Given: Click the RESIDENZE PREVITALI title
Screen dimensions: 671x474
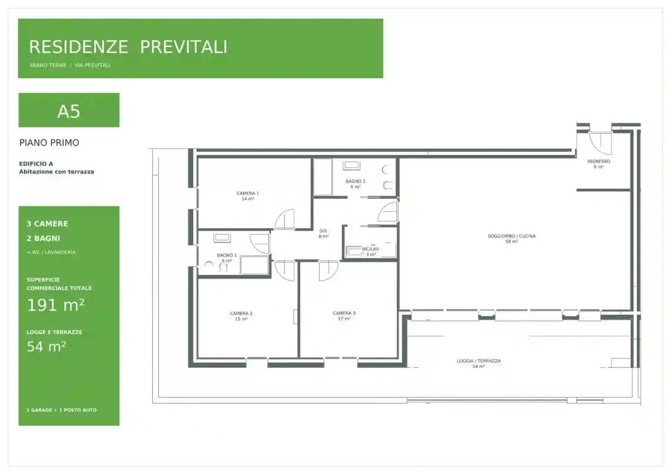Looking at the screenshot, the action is (x=128, y=47).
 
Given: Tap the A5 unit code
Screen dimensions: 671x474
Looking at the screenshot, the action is (x=69, y=112).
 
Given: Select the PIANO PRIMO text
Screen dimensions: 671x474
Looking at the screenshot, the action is (x=49, y=143).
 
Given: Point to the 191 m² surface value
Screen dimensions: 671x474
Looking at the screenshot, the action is (x=56, y=305).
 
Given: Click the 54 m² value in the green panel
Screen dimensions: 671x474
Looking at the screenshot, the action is (x=47, y=347).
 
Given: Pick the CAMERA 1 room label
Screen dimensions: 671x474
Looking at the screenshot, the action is (x=248, y=193).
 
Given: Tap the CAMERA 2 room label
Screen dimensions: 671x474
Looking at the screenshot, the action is (x=241, y=313).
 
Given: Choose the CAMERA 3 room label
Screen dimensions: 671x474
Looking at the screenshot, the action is (x=344, y=313).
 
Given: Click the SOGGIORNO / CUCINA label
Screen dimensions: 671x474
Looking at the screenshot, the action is (x=511, y=236).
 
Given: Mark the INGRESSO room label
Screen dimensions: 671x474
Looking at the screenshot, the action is (x=599, y=161).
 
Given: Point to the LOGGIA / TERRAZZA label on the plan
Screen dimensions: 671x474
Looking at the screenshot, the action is (x=479, y=361).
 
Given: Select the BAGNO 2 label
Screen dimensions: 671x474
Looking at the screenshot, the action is (x=356, y=181).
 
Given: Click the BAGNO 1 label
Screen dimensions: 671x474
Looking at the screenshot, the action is (x=227, y=255).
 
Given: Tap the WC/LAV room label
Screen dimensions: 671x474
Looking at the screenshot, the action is (x=371, y=249).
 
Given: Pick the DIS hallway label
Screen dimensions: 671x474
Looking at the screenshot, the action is (x=323, y=231).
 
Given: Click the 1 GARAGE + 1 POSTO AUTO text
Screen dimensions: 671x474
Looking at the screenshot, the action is (x=62, y=410).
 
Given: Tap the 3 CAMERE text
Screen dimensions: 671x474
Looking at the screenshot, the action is (x=47, y=224).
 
